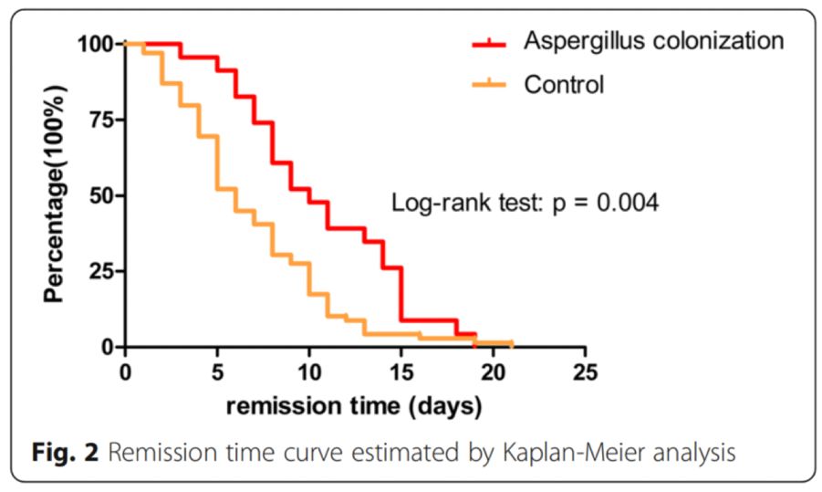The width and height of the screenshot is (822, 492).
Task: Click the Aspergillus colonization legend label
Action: tap(653, 40)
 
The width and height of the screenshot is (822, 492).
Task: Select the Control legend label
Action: tap(563, 85)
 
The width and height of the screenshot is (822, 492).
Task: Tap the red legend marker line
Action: tap(489, 42)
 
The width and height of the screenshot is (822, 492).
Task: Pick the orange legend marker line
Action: tap(489, 86)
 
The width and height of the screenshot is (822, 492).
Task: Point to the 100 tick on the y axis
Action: tap(96, 43)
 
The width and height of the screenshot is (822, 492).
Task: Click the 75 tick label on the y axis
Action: tap(100, 120)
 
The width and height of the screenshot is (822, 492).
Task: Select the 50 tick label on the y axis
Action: tap(100, 195)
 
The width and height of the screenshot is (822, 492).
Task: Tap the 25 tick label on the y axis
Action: tap(100, 271)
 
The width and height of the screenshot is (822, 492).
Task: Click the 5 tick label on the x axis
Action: tap(218, 372)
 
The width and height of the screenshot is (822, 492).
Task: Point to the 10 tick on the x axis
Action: tap(309, 372)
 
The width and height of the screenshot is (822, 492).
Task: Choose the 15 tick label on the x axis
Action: tap(401, 372)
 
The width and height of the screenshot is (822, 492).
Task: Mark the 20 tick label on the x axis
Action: tap(494, 372)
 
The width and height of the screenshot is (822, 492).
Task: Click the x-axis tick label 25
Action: tap(586, 372)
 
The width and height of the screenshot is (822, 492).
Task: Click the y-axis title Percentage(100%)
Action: tap(57, 194)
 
